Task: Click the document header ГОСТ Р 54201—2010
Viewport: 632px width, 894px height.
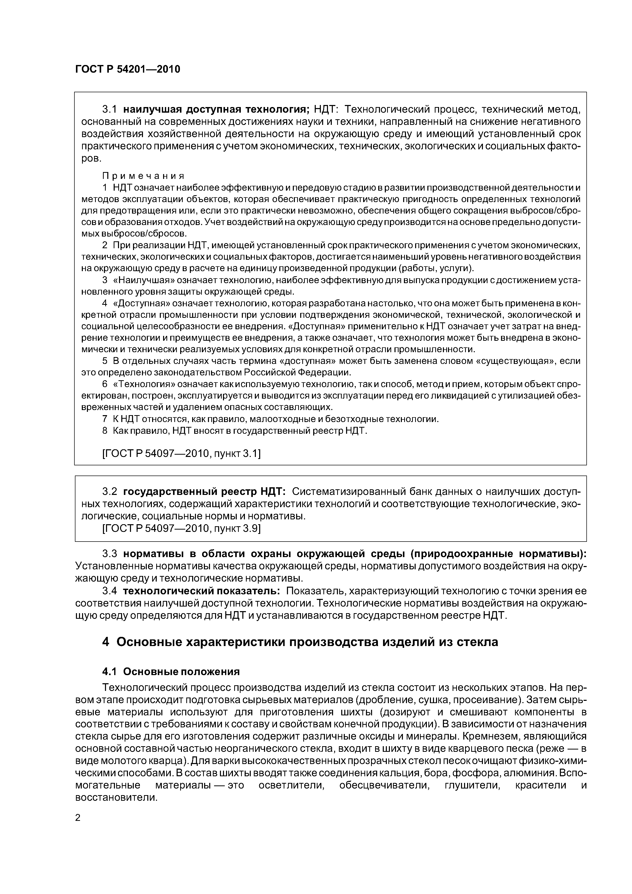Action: click(x=127, y=69)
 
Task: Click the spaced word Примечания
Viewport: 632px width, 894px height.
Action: click(x=143, y=176)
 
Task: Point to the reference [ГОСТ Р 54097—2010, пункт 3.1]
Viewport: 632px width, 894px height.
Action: click(x=181, y=453)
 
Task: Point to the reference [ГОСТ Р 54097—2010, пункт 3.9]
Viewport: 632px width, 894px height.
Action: click(x=181, y=528)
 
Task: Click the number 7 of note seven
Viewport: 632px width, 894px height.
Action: click(x=104, y=419)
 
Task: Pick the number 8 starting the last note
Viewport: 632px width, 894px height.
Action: click(x=104, y=431)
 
